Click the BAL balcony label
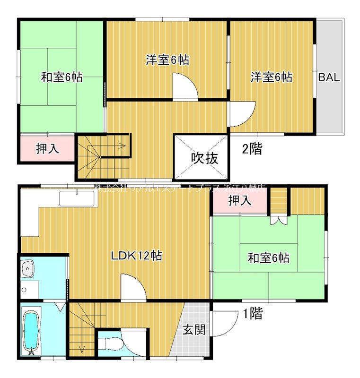(x=329, y=78)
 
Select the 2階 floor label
(x=252, y=149)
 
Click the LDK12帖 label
(x=137, y=256)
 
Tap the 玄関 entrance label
(x=194, y=329)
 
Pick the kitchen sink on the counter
(x=78, y=198)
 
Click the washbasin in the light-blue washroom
(x=29, y=270)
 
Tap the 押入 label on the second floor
(x=47, y=149)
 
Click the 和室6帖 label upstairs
(x=61, y=77)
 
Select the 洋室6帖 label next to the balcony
(x=271, y=77)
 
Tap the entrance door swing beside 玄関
(x=223, y=324)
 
